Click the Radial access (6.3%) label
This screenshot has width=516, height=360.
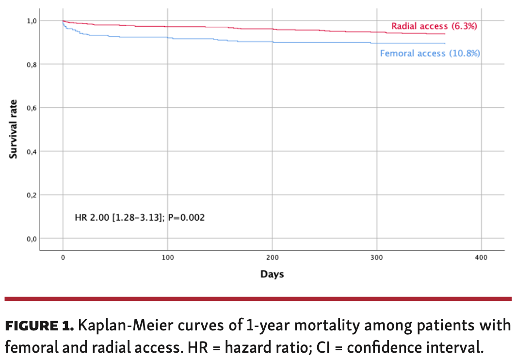434,26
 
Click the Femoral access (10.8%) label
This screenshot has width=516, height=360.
430,53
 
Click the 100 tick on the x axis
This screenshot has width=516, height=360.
167,257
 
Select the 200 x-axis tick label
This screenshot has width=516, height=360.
272,257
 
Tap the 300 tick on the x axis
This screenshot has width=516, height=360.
377,257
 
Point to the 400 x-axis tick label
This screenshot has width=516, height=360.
481,257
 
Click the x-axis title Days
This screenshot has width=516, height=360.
272,275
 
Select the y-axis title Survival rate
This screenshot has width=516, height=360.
14,129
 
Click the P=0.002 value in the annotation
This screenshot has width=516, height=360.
187,217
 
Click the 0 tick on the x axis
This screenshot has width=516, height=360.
63,257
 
